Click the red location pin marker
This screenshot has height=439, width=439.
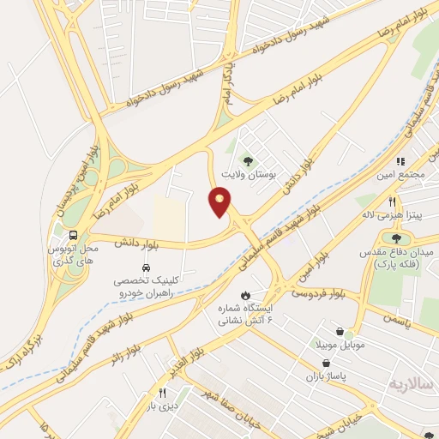[x=220, y=203]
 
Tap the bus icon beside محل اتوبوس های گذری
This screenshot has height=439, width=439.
[x=75, y=233]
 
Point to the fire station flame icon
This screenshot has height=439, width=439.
[x=247, y=292]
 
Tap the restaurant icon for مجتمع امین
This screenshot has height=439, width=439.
[x=400, y=160]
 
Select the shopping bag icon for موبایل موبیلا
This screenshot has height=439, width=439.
[x=341, y=331]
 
